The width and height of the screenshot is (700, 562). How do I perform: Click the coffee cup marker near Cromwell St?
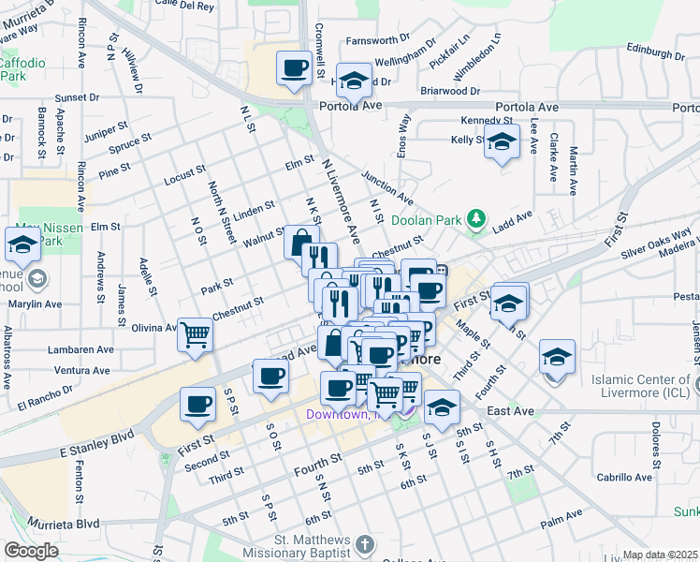(x=295, y=68)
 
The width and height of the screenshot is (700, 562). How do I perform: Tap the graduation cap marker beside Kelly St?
(x=503, y=142)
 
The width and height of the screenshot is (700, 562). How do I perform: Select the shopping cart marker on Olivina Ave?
(x=195, y=333)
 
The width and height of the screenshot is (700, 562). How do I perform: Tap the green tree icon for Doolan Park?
(x=477, y=220)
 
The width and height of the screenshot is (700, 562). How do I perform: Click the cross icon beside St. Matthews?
(x=365, y=543)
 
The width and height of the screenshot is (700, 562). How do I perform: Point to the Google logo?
(x=31, y=551)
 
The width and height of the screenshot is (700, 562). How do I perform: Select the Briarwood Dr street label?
(x=450, y=92)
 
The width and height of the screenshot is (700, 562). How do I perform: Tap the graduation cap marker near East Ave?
(x=442, y=407)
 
